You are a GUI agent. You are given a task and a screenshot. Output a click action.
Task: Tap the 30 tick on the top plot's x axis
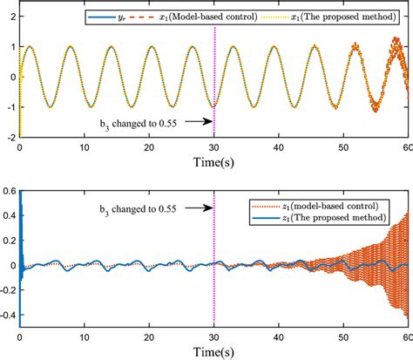(213, 147)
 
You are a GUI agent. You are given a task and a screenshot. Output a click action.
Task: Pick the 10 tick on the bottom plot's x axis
(84, 335)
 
